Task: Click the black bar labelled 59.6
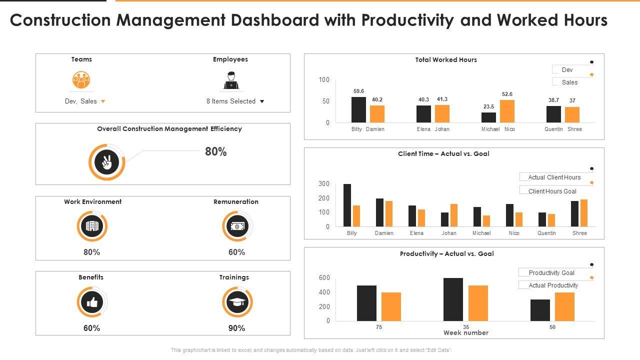(358, 109)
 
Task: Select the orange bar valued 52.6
(507, 111)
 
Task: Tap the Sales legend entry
(569, 82)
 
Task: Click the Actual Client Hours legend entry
(554, 177)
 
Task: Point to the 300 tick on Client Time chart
(324, 184)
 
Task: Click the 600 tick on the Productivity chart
(324, 278)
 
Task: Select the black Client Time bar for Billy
(347, 205)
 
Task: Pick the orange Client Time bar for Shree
(583, 213)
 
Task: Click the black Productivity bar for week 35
(453, 299)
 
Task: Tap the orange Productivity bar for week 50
(564, 306)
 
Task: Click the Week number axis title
(465, 333)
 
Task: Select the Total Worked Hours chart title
(446, 60)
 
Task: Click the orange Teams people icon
(81, 80)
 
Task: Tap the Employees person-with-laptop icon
(231, 80)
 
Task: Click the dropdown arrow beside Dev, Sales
(103, 101)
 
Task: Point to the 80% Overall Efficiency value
(215, 152)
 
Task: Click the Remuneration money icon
(237, 226)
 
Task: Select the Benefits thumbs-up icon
(92, 302)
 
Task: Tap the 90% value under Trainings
(236, 328)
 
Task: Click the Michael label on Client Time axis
(481, 233)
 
